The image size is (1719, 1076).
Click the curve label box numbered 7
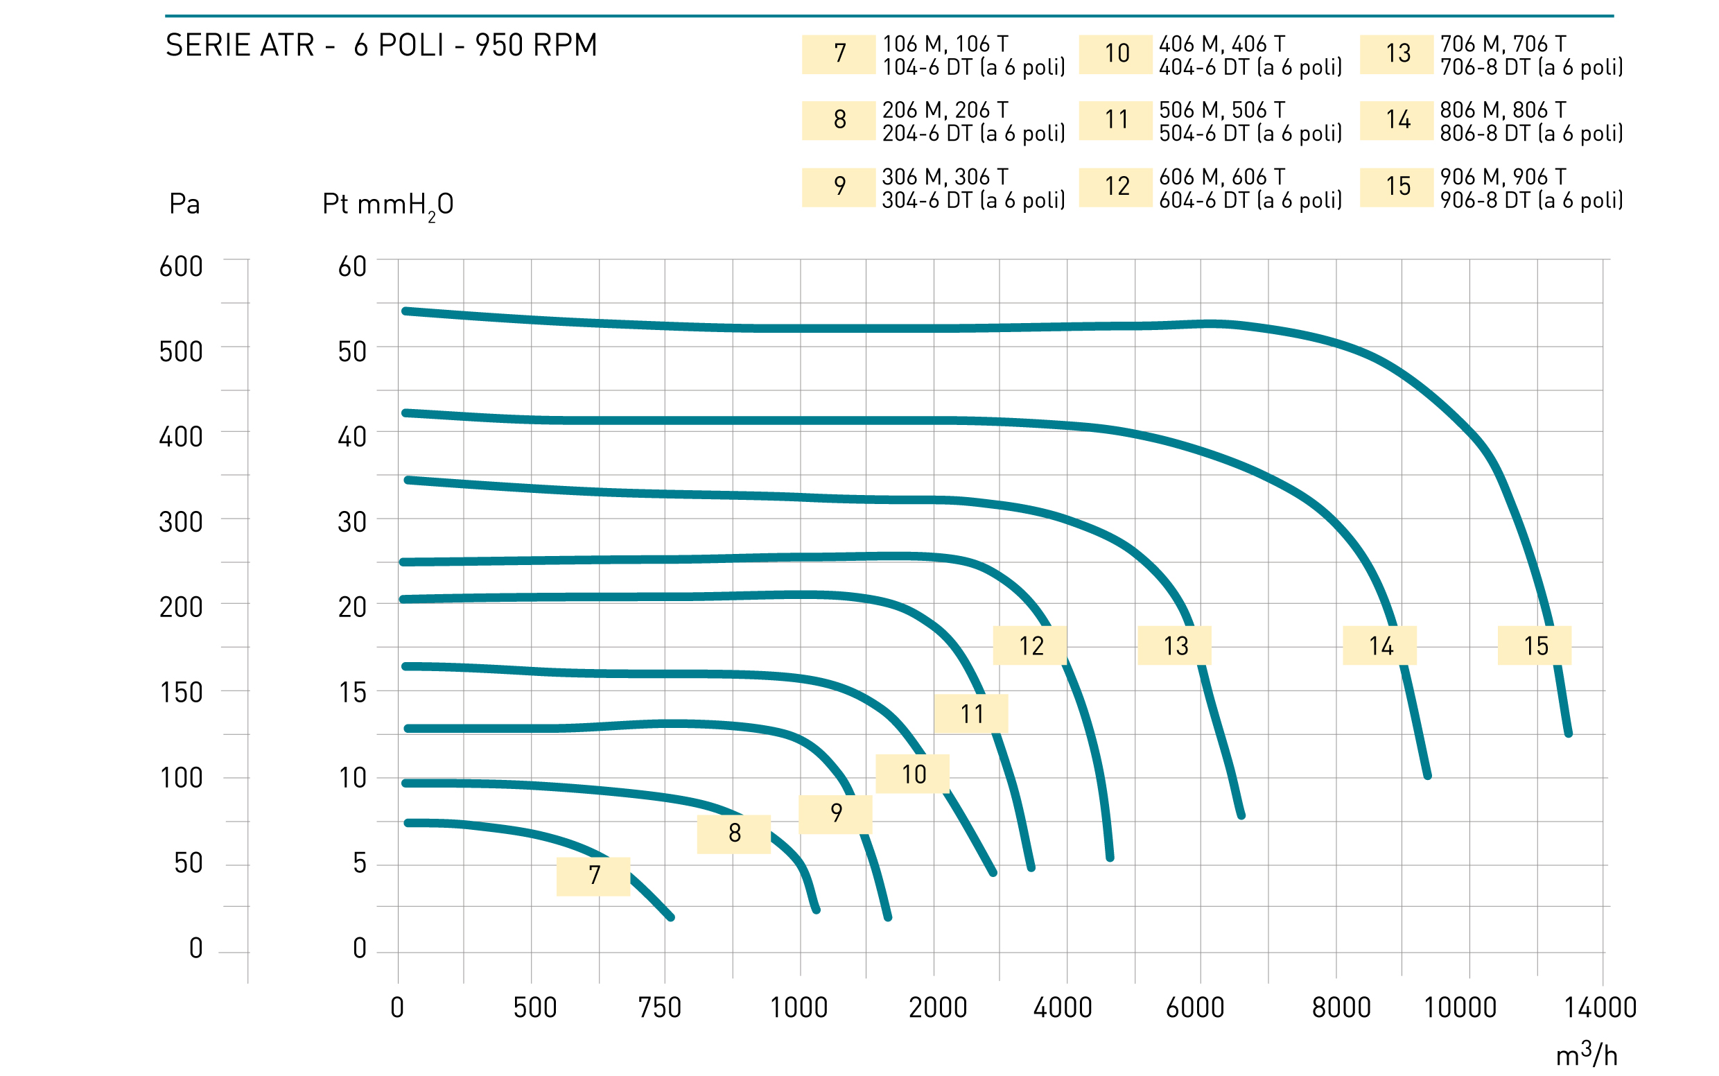pos(593,876)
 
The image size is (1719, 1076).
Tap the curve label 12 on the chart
pos(1029,645)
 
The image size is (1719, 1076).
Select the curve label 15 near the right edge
pos(1535,645)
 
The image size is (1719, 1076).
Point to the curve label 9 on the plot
pos(835,814)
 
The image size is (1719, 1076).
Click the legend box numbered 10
pos(1116,54)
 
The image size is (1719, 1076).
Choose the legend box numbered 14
pos(1397,120)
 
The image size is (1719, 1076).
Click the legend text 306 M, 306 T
pos(945,177)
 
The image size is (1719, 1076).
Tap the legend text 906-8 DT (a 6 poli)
pos(1531,200)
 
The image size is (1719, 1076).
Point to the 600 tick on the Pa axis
pos(181,267)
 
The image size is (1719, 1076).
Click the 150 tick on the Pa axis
pos(182,693)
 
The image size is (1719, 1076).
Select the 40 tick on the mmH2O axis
pos(352,437)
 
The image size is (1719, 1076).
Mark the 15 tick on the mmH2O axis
pos(353,693)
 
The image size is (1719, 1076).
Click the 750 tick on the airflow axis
pos(660,1008)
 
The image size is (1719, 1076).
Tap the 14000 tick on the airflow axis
pos(1600,1008)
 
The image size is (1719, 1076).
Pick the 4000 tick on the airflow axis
pos(1063,1008)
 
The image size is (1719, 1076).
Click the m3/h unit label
pos(1587,1054)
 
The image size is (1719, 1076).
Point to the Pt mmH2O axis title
pos(387,206)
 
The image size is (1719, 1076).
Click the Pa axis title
pos(184,205)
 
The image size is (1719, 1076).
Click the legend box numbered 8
pos(839,120)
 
